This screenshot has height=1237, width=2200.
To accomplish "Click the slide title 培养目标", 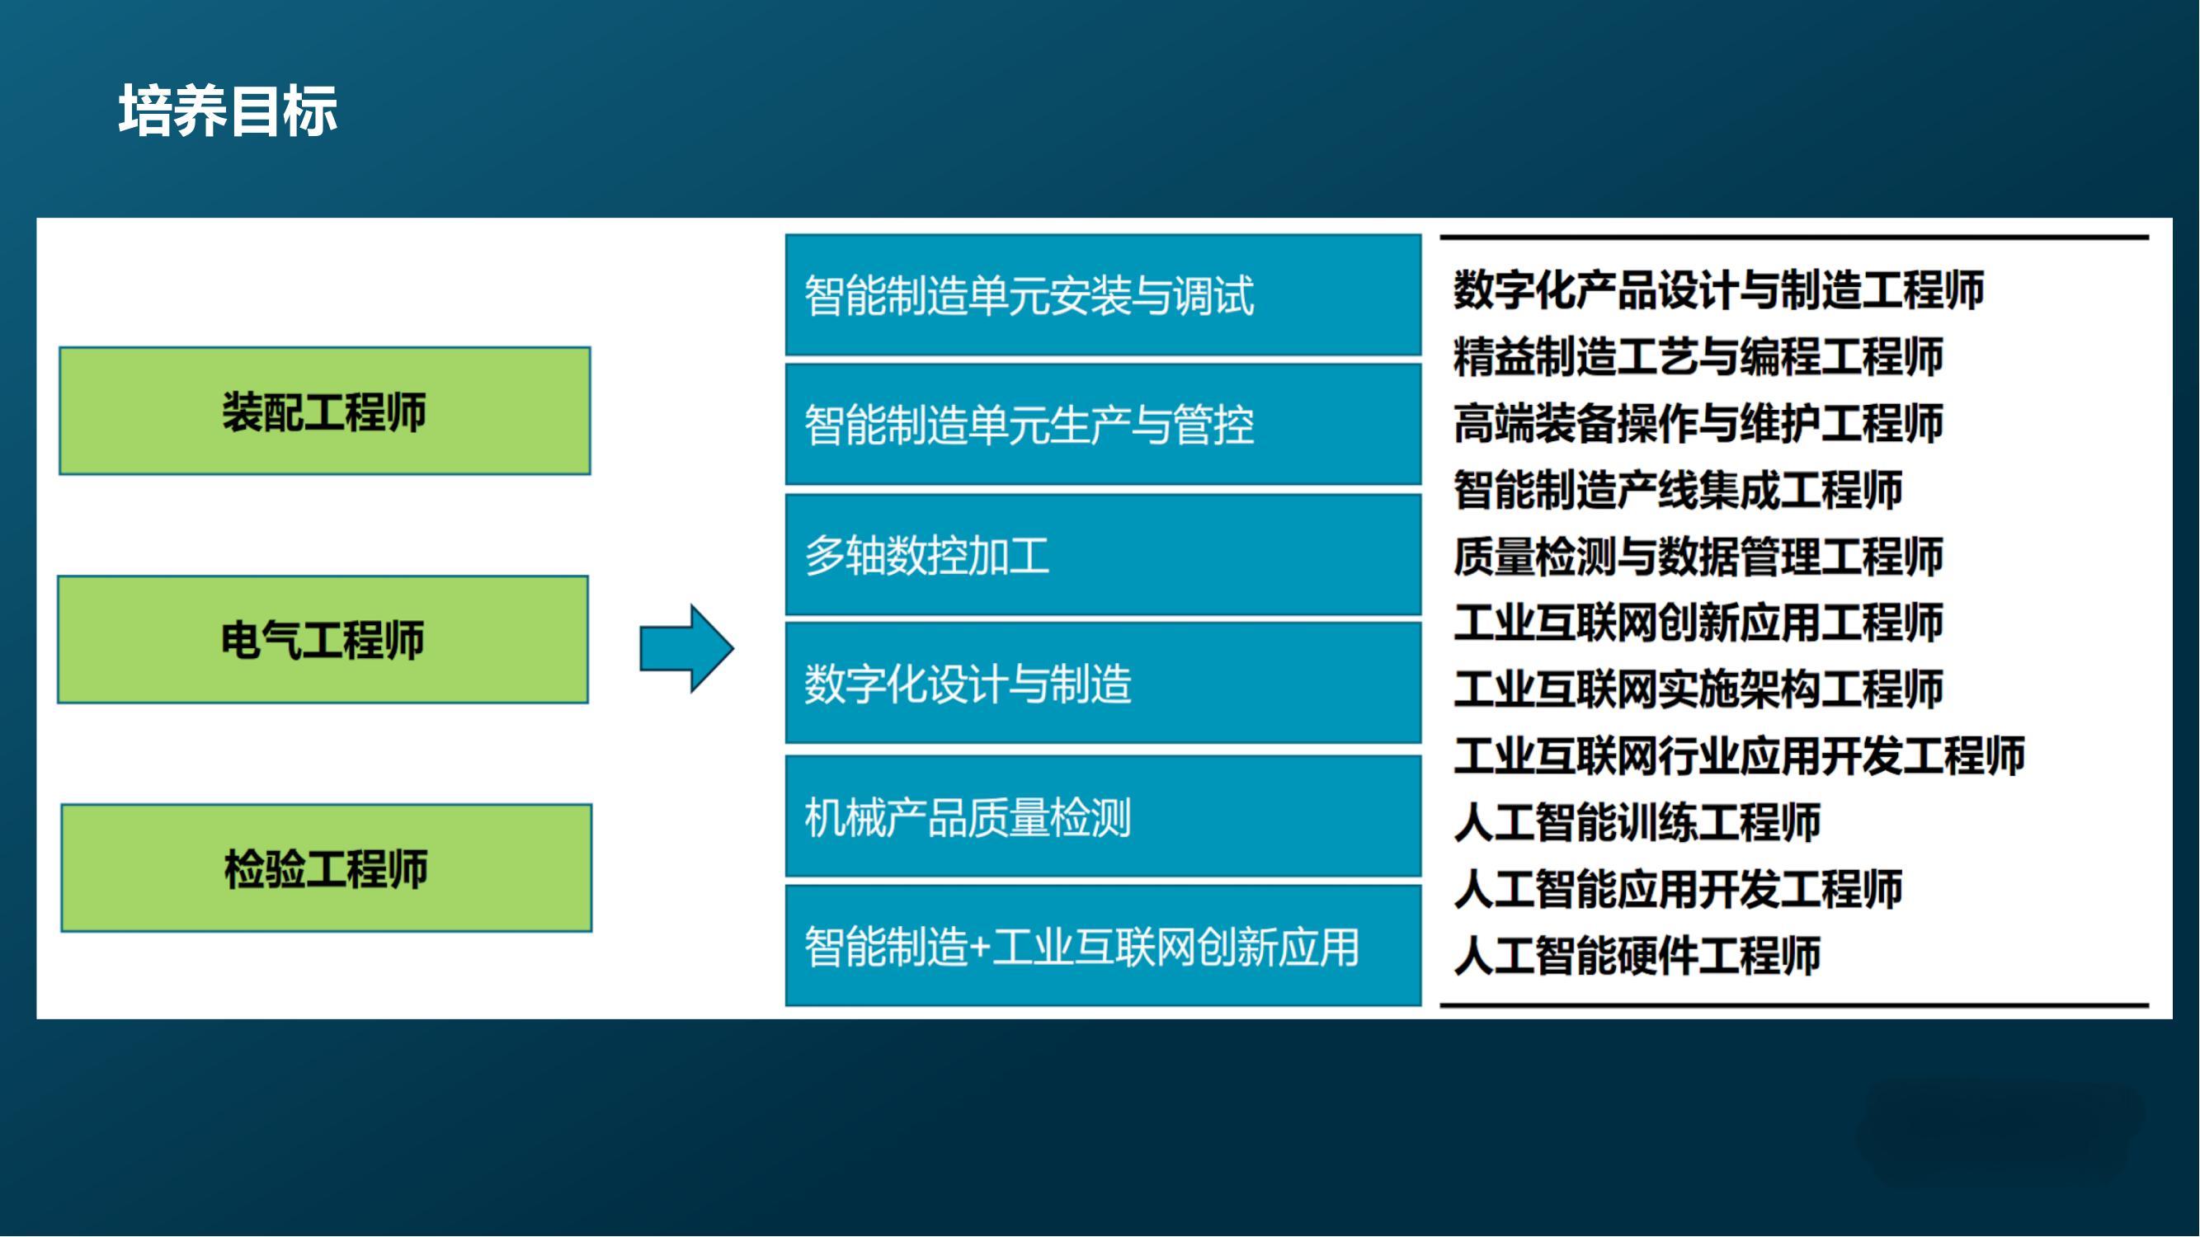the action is click(x=228, y=111).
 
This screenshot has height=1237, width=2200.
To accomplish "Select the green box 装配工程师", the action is click(x=324, y=411).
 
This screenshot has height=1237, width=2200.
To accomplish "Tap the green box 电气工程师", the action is click(x=323, y=639).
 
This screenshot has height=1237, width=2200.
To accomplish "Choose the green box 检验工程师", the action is click(x=326, y=868).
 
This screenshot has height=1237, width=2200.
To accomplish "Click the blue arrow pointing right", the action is click(x=686, y=649).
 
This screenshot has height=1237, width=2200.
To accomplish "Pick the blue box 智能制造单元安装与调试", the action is click(x=1104, y=294).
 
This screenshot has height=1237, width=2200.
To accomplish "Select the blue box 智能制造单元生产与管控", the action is click(x=1104, y=424).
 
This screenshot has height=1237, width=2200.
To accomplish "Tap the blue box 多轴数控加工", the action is click(x=1104, y=555).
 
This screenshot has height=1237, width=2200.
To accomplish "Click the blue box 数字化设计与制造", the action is click(x=1104, y=683).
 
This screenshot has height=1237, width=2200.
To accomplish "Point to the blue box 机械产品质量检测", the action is click(x=1104, y=816).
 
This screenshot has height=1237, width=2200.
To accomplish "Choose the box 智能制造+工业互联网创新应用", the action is click(x=1104, y=946).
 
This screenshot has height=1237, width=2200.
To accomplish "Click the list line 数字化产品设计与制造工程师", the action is click(x=1718, y=289).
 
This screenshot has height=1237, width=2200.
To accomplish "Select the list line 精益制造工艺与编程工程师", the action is click(x=1698, y=356).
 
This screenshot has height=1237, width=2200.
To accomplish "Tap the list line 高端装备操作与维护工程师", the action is click(x=1698, y=422).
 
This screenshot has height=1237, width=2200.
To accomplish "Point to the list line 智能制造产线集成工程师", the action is click(x=1677, y=489).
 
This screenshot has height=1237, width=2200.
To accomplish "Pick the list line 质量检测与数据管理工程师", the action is click(x=1698, y=556).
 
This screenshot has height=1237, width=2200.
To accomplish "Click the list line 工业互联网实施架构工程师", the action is click(x=1698, y=689).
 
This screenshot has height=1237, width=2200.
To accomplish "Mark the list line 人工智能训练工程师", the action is click(x=1637, y=822).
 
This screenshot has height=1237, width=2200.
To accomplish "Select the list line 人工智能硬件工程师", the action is click(x=1637, y=955).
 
